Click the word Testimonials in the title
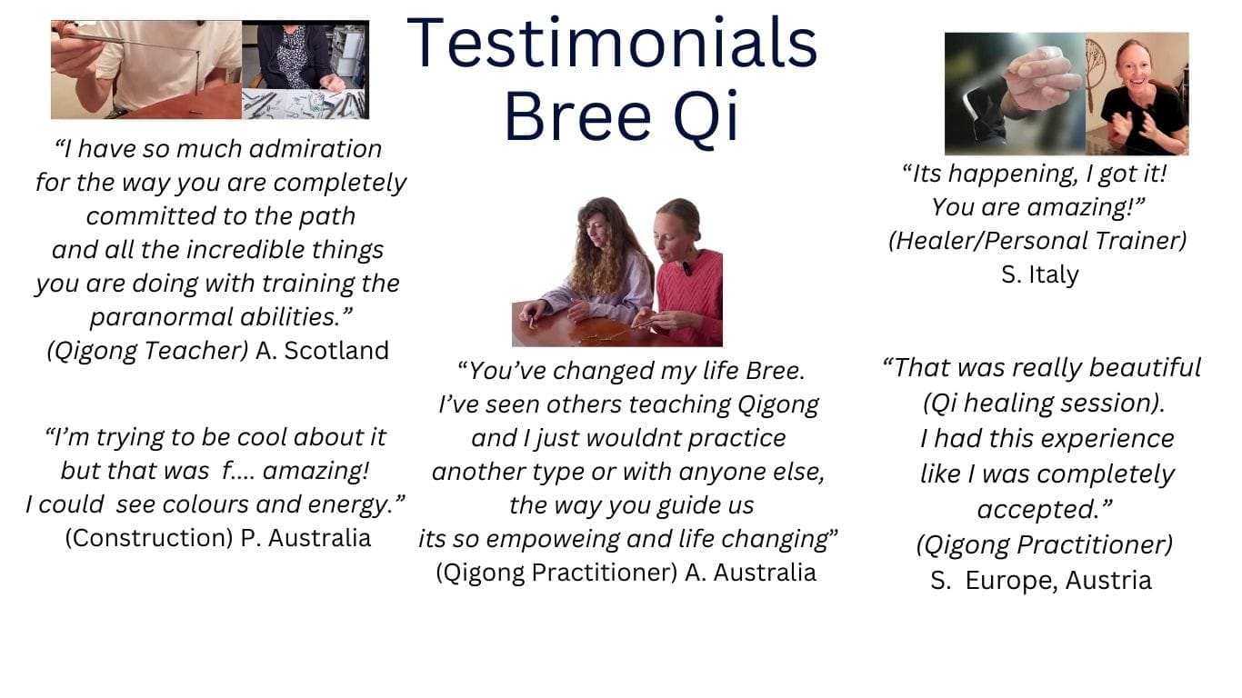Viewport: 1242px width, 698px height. (x=612, y=44)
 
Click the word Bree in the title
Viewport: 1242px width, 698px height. (x=577, y=117)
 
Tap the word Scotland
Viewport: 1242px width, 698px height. (x=336, y=351)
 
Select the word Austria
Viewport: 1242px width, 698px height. (x=1108, y=581)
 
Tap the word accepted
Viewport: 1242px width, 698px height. (x=1044, y=510)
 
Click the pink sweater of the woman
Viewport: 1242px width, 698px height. (x=693, y=294)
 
